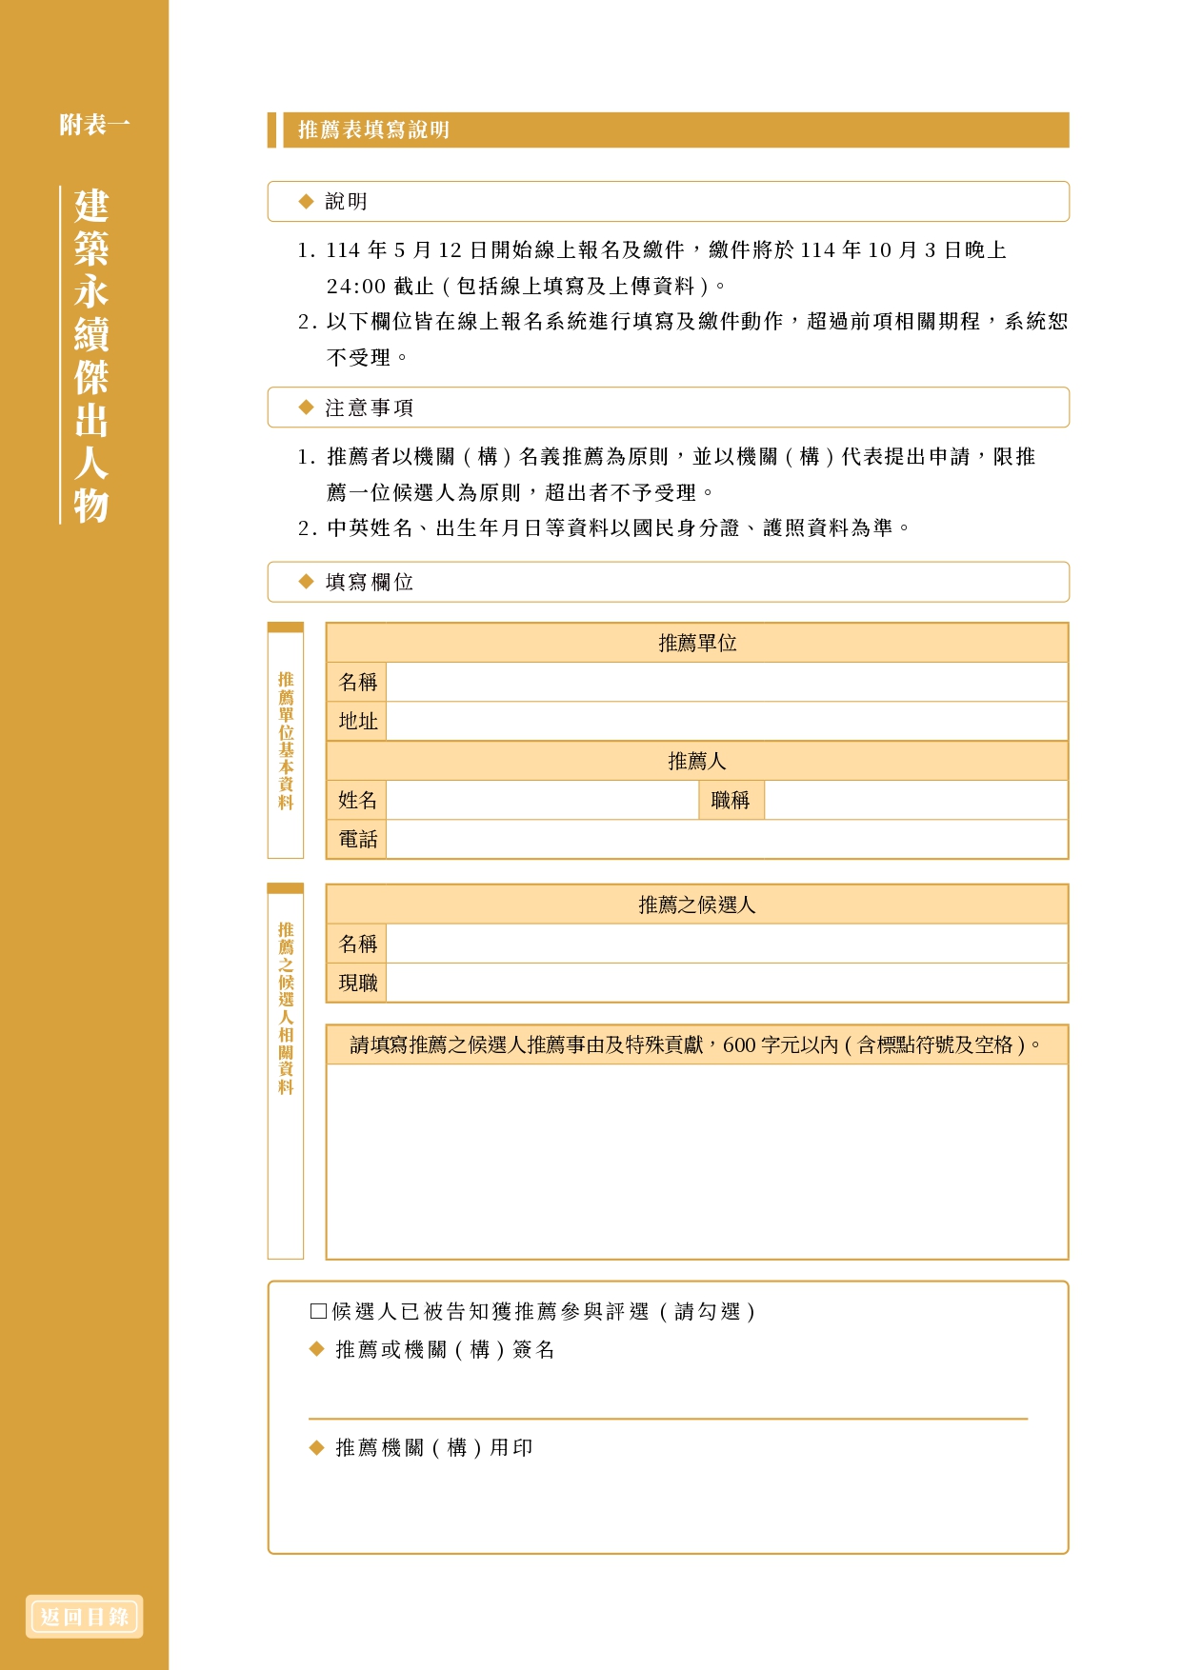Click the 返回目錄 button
click(84, 1617)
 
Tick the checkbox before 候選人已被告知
click(319, 1311)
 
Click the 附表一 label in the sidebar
click(94, 125)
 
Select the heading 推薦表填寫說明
click(373, 130)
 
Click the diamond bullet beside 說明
click(306, 201)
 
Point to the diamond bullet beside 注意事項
click(306, 408)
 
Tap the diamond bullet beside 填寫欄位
click(306, 582)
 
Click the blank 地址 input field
click(726, 722)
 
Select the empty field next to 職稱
click(914, 801)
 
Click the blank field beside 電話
click(726, 840)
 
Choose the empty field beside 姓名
click(542, 801)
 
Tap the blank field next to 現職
click(726, 984)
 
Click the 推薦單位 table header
click(697, 644)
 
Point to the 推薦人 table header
click(697, 762)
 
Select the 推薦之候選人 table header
click(697, 905)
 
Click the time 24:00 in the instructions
click(355, 287)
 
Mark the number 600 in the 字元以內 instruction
click(739, 1045)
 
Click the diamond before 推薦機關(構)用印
click(317, 1448)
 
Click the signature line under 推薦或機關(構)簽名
click(667, 1418)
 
